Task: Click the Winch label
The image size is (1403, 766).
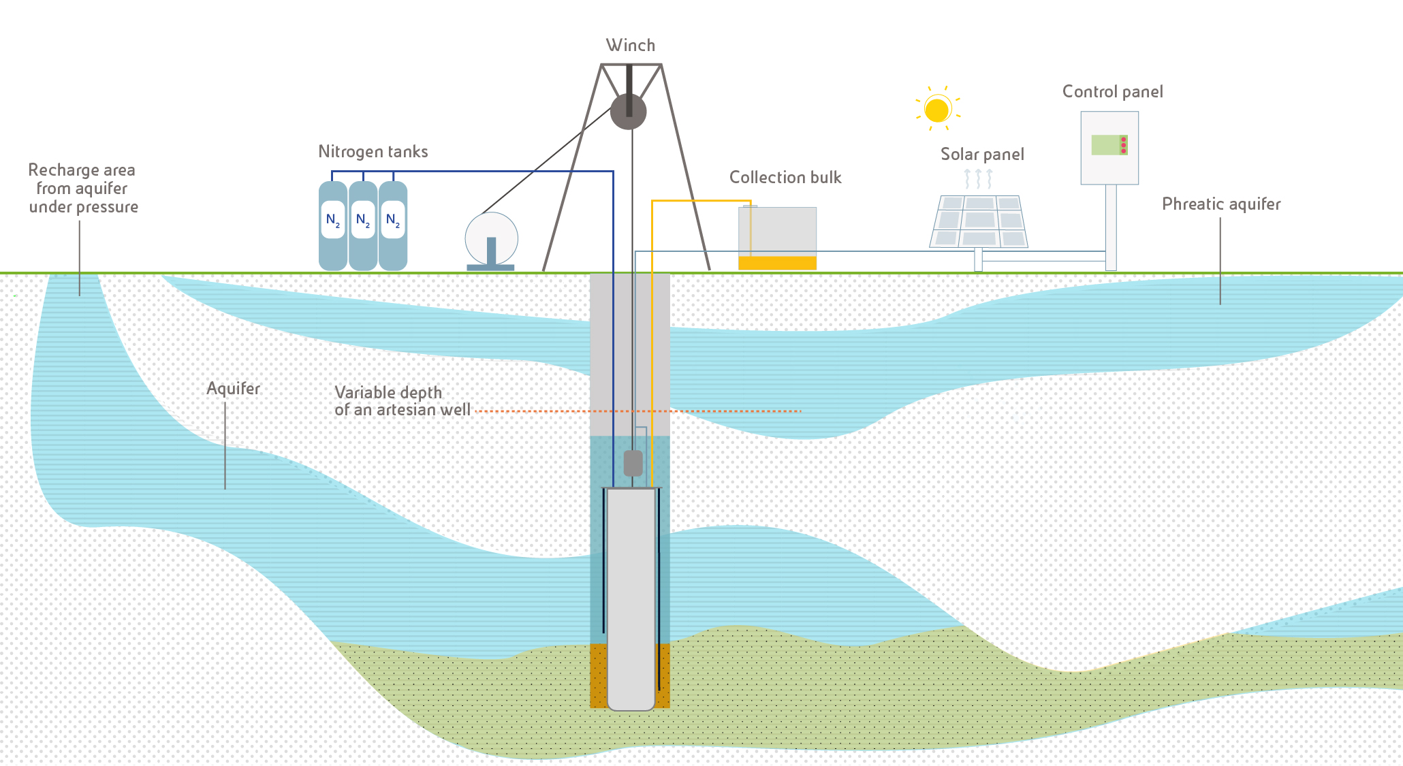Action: pyautogui.click(x=631, y=46)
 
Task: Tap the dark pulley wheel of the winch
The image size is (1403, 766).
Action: pyautogui.click(x=628, y=111)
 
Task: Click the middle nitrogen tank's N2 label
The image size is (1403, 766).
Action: pyautogui.click(x=363, y=220)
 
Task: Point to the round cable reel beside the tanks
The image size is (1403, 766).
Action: pyautogui.click(x=491, y=238)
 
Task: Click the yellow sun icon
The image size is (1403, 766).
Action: pyautogui.click(x=937, y=110)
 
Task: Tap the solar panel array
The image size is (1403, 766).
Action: pyautogui.click(x=979, y=221)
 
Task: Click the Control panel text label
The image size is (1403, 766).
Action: pyautogui.click(x=1112, y=92)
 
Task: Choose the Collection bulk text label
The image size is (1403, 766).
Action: pyautogui.click(x=785, y=178)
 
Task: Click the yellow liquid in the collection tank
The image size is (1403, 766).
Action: pyautogui.click(x=777, y=263)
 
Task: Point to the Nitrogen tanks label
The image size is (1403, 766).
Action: pyautogui.click(x=373, y=152)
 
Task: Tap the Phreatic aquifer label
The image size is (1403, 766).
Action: pyautogui.click(x=1221, y=204)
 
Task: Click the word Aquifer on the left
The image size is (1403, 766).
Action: pyautogui.click(x=234, y=389)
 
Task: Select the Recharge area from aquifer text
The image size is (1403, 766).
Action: pyautogui.click(x=82, y=189)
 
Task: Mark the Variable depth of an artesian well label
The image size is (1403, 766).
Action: pyautogui.click(x=402, y=401)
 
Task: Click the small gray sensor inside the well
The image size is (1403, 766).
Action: pyautogui.click(x=633, y=463)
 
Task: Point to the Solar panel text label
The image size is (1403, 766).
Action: pyautogui.click(x=982, y=155)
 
